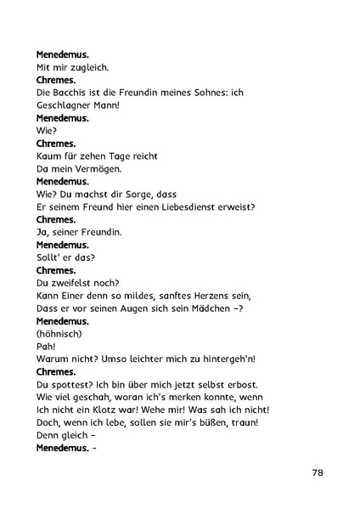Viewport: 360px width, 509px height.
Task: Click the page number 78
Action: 317,472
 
